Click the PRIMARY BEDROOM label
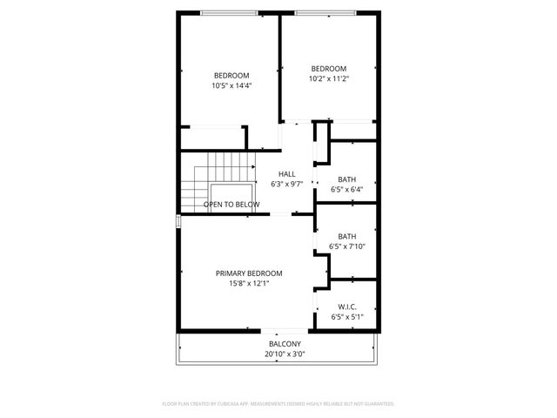(x=249, y=273)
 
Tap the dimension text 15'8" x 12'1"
(x=249, y=283)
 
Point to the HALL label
(x=286, y=174)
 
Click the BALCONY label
(x=285, y=344)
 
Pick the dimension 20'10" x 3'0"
(x=285, y=354)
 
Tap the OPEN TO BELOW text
(x=232, y=205)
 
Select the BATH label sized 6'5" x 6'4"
(x=347, y=179)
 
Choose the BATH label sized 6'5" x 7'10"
(x=347, y=236)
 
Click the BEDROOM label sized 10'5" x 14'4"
(x=232, y=75)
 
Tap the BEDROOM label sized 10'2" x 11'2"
(x=329, y=69)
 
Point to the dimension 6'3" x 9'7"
(x=286, y=185)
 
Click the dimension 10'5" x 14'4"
(x=232, y=85)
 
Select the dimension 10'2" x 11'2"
(x=329, y=79)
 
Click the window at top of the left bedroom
(x=230, y=12)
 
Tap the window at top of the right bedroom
(x=329, y=12)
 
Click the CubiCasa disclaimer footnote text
(x=278, y=404)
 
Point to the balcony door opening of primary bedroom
(x=284, y=330)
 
